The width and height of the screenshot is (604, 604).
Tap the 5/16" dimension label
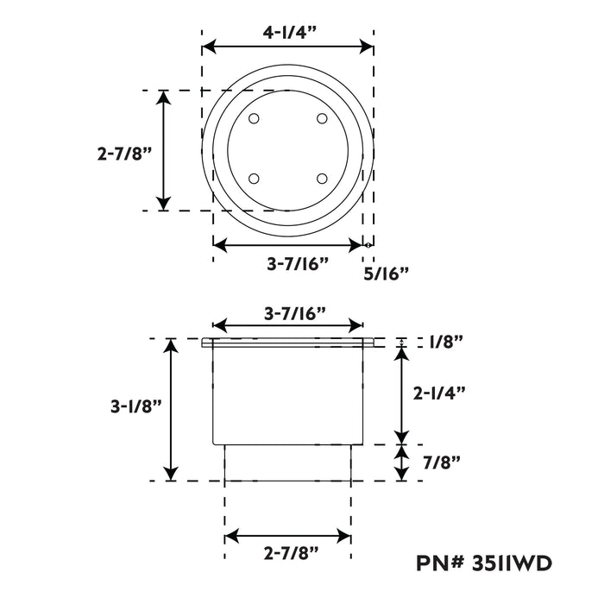click(x=386, y=274)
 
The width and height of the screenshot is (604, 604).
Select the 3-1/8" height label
click(x=135, y=406)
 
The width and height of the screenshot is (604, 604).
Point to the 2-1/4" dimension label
click(x=439, y=393)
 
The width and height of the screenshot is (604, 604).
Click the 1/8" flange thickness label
click(x=446, y=342)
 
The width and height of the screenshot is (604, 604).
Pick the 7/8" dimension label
click(x=442, y=462)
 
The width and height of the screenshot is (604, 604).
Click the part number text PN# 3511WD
click(x=484, y=563)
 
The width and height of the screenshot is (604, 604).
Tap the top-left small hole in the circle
click(x=254, y=118)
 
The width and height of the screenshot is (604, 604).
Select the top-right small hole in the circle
click(x=322, y=118)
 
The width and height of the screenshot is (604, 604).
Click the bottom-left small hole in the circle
click(x=254, y=179)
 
